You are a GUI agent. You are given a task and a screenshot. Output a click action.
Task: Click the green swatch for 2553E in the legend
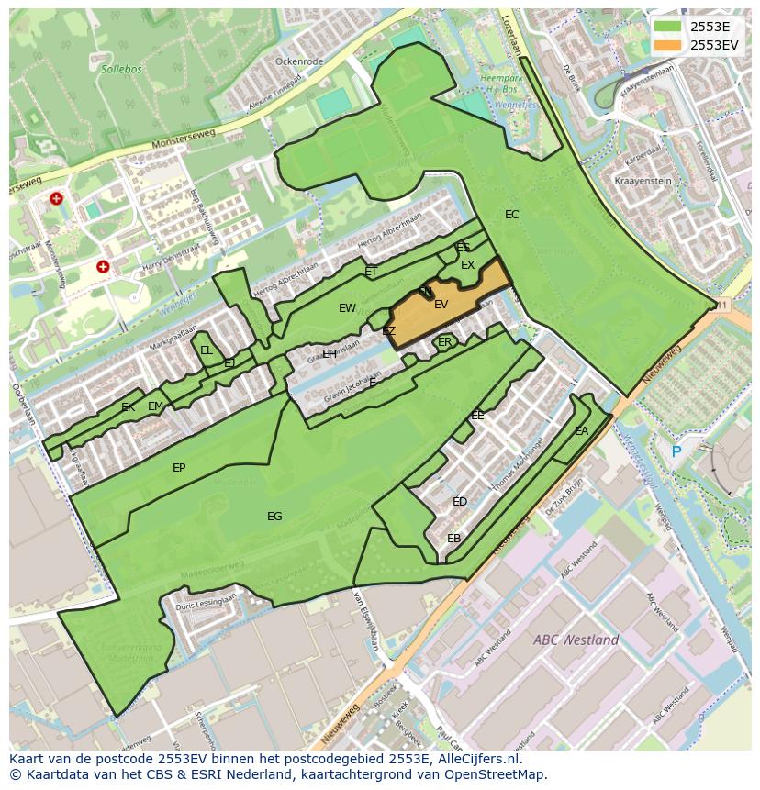coord(667,27)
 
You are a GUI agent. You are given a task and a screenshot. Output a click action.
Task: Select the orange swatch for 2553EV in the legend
coord(667,45)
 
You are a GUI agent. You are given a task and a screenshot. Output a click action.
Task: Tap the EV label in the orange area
coord(441,305)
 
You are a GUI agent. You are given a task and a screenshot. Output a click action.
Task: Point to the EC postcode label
coord(512,215)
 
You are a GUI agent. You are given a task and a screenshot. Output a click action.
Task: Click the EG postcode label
coord(274,517)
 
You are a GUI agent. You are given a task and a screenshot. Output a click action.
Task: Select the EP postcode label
coord(179,468)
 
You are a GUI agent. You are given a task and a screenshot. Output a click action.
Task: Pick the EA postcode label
coord(581,431)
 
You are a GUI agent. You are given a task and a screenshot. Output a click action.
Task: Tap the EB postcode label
coord(453,539)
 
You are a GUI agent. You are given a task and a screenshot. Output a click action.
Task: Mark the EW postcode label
coord(347,308)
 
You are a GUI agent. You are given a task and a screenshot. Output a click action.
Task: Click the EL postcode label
coord(207,350)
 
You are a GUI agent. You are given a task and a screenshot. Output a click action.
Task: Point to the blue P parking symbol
coord(676,451)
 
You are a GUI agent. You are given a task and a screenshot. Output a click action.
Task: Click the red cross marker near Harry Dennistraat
coord(103,267)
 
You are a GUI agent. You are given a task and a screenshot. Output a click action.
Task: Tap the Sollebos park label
coord(121,68)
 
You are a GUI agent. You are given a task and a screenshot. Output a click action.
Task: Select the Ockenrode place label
coord(299,61)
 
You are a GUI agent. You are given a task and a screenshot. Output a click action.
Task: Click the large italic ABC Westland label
coord(576,640)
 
